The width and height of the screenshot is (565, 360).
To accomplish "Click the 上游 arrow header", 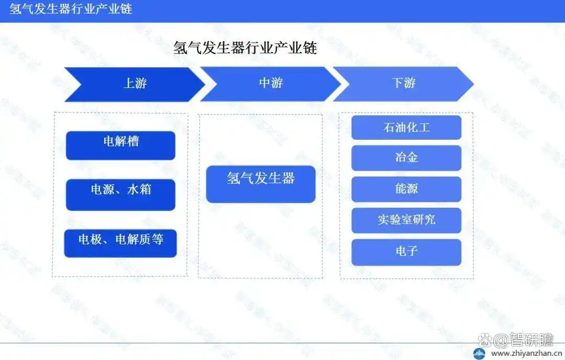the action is [135, 84].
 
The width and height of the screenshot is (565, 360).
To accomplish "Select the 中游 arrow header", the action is [270, 84].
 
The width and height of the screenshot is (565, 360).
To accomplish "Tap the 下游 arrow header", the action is [403, 84].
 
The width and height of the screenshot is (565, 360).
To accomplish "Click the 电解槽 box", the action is [121, 145].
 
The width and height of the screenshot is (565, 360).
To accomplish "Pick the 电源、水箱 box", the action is [121, 195].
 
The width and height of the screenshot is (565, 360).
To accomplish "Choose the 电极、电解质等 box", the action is [120, 243].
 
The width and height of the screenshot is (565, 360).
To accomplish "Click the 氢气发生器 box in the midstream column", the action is [261, 184].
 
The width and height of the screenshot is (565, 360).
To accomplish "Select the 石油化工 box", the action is [406, 127].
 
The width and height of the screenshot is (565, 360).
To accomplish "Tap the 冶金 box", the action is [406, 158].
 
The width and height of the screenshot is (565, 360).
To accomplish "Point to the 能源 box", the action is [406, 189].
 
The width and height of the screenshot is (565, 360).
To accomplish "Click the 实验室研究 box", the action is [406, 220].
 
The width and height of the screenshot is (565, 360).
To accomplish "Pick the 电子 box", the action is [406, 252].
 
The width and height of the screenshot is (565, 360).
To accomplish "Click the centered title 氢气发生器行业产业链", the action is [245, 48].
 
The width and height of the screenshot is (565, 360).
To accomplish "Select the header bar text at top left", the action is [71, 9].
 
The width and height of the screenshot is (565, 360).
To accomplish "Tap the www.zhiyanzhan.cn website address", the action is [526, 354].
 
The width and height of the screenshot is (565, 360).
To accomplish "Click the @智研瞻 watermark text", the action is [524, 340].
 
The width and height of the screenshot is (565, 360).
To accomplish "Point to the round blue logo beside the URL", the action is [479, 354].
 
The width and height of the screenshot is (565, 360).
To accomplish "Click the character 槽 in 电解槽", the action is [133, 141].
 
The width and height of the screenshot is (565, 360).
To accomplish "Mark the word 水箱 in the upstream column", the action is [139, 189].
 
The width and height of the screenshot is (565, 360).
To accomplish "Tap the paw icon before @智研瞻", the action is [485, 340].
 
